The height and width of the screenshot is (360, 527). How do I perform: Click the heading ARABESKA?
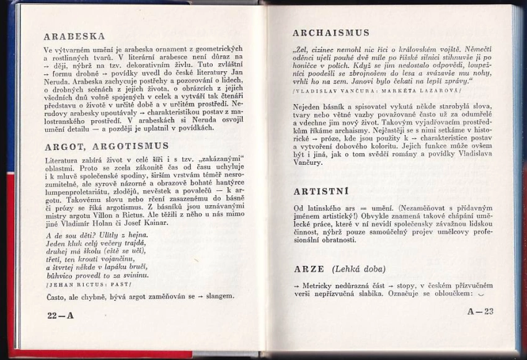tap(74, 36)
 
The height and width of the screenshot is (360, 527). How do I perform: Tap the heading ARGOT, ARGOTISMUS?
tap(107, 146)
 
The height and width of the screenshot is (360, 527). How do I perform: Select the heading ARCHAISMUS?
tap(330, 32)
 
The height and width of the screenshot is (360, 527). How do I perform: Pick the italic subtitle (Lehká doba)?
tap(358, 269)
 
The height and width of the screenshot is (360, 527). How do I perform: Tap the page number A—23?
tap(480, 310)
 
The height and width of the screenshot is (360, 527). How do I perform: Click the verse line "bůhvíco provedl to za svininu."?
tap(97, 275)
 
